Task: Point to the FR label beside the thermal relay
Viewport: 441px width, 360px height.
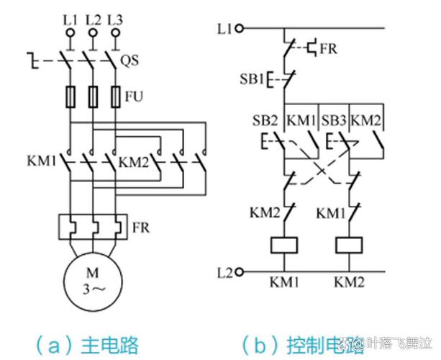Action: (x=142, y=228)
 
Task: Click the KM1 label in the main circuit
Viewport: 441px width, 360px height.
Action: (x=43, y=160)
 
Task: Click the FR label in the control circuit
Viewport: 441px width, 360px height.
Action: (x=329, y=49)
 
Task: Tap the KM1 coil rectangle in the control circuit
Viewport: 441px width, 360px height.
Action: (x=285, y=246)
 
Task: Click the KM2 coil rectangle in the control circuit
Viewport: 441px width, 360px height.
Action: (x=351, y=246)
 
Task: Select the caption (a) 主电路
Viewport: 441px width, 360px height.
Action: (x=87, y=343)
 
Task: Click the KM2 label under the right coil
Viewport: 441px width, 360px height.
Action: (x=351, y=281)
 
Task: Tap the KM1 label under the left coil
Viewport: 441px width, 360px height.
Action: (x=285, y=281)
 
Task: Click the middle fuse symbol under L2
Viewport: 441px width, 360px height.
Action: (x=93, y=96)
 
